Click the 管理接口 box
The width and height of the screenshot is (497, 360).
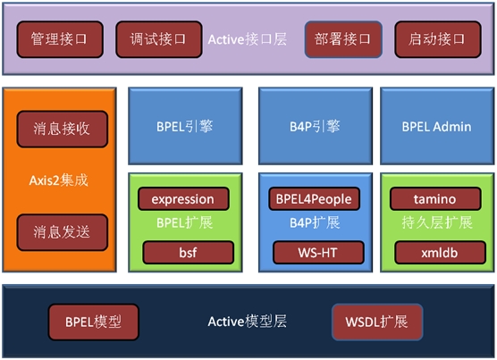click(60, 39)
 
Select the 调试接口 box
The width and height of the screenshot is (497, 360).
click(159, 39)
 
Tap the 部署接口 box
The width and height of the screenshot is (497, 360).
click(343, 39)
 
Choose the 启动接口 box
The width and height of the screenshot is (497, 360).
click(438, 39)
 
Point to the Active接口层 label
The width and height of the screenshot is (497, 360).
click(248, 39)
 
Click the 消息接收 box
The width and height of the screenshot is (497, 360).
click(63, 129)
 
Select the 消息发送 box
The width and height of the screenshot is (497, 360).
click(63, 232)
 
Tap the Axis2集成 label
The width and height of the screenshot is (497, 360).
click(59, 180)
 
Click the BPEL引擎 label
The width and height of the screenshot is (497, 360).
click(185, 127)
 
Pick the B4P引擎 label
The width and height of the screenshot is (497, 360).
click(315, 127)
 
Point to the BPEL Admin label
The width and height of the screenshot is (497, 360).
click(436, 127)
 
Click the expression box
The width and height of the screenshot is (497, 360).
click(183, 199)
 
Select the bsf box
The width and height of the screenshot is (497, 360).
click(189, 252)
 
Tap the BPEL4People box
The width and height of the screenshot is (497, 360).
click(314, 199)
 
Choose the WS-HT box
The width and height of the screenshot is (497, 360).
click(318, 252)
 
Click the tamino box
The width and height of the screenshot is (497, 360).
click(435, 199)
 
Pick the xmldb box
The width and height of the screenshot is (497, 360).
click(440, 252)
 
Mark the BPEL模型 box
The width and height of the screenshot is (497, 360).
click(94, 322)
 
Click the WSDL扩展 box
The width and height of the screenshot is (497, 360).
click(377, 322)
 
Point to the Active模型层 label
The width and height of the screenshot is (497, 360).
click(248, 322)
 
